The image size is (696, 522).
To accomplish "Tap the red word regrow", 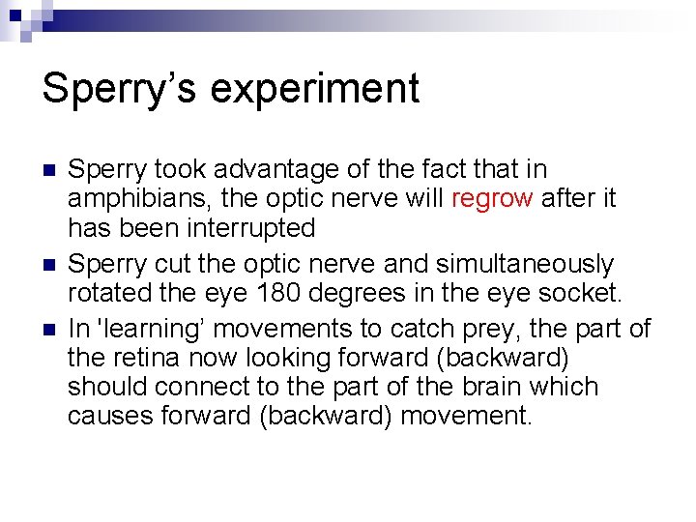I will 491,199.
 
